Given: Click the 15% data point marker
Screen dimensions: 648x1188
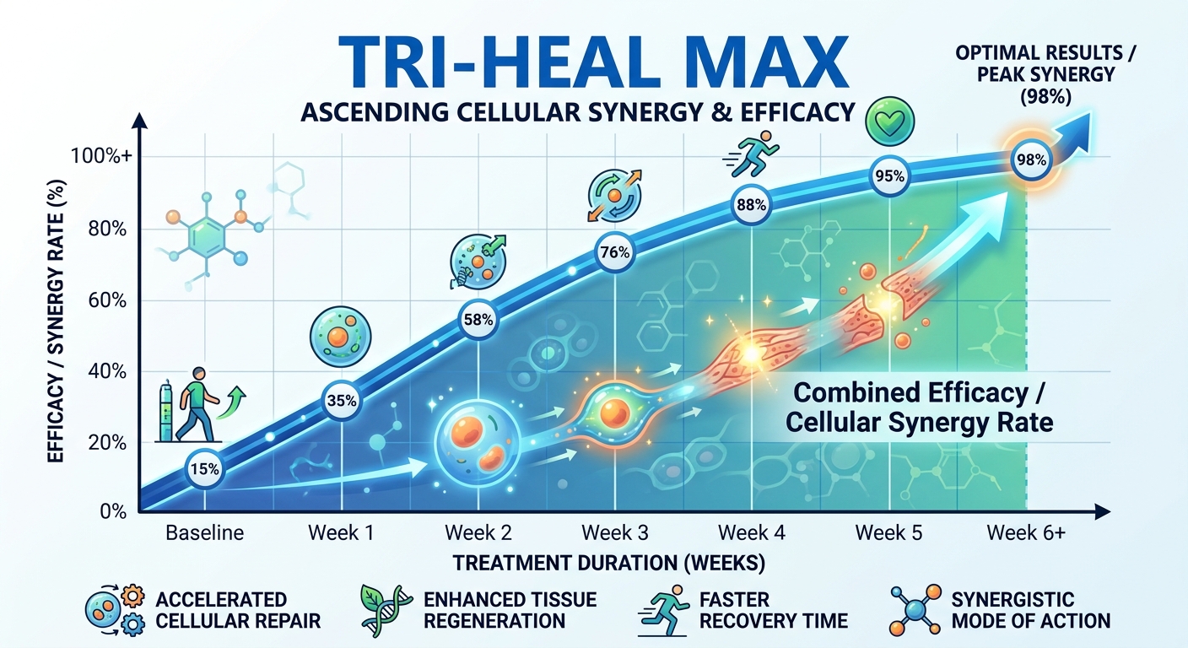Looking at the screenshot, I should tap(205, 468).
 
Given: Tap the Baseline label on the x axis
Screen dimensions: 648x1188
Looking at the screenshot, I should tap(204, 533).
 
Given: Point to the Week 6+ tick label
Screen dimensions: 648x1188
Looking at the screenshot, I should tap(1025, 533).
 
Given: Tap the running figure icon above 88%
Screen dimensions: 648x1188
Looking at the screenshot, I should tap(746, 158).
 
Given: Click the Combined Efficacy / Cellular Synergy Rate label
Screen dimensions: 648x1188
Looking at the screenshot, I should tap(920, 407).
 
